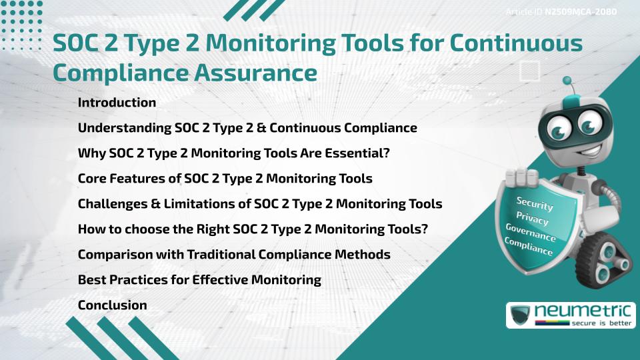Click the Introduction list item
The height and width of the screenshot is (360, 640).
tap(117, 103)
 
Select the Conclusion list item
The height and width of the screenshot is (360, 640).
tap(112, 305)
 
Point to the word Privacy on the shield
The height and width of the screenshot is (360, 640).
tap(532, 219)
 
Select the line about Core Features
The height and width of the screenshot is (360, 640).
tap(225, 179)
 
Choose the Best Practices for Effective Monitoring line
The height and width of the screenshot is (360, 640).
tap(199, 279)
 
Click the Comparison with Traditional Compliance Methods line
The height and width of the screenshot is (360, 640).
tap(234, 255)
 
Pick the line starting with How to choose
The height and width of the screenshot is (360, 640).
tap(253, 229)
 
